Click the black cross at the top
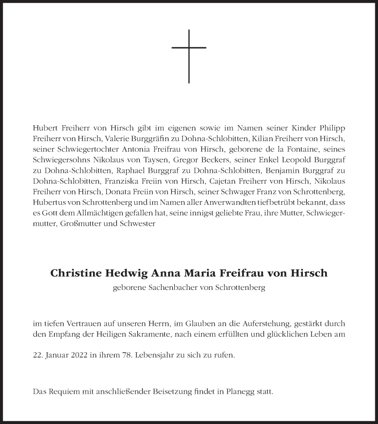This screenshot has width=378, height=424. tap(189, 56)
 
